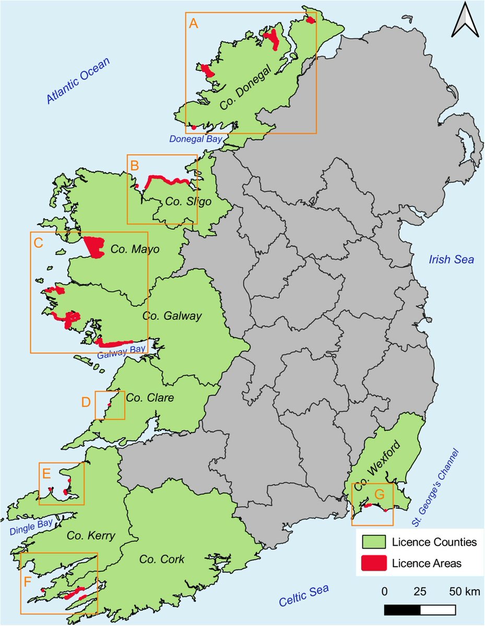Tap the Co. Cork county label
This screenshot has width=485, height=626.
point(162,559)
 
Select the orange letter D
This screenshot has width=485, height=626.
point(86,402)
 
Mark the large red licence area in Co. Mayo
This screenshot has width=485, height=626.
point(94,246)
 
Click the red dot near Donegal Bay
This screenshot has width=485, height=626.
point(193,127)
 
